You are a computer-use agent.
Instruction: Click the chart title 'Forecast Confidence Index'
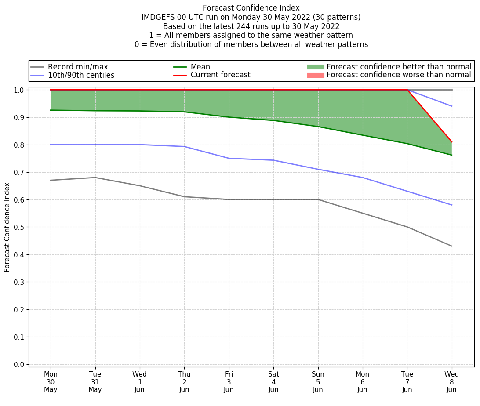[251, 8]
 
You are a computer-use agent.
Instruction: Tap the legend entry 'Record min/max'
[77, 67]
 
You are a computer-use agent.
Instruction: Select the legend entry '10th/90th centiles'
[81, 75]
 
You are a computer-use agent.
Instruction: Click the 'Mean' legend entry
[200, 67]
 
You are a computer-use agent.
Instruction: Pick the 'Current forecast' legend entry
[220, 75]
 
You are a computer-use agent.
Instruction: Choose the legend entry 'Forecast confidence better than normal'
[399, 67]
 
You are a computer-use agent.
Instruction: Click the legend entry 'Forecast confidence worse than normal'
[399, 75]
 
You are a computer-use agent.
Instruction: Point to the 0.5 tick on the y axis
[19, 227]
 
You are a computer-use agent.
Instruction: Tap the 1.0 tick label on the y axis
[19, 90]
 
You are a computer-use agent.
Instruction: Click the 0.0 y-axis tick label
[19, 364]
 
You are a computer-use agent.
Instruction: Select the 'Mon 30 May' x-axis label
[51, 382]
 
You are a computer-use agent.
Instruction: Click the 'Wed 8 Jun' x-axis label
[451, 382]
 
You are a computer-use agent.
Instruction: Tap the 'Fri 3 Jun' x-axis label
[229, 382]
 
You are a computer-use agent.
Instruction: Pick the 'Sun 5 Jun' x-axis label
[318, 382]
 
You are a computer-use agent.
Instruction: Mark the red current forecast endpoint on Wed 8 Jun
[451, 142]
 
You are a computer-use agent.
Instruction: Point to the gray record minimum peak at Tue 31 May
[95, 178]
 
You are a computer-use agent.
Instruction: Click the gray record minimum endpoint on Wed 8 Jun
[451, 246]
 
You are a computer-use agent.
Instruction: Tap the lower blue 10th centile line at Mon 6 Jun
[362, 178]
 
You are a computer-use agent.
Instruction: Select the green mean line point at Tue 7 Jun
[407, 144]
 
